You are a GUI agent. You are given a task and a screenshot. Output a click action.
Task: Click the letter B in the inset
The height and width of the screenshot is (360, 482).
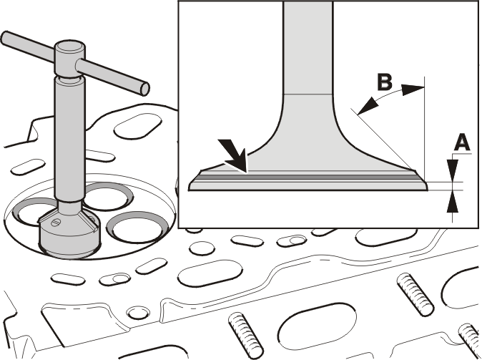384,82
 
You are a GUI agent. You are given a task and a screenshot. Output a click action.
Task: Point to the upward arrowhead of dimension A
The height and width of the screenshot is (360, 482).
453,202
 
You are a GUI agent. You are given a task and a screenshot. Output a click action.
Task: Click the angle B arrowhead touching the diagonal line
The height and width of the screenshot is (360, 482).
368,107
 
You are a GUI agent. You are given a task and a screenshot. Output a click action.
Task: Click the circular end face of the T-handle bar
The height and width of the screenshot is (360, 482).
144,88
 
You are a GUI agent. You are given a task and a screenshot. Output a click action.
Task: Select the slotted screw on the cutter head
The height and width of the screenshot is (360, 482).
56,222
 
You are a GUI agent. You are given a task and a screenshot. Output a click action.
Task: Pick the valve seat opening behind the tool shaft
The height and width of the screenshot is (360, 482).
107,197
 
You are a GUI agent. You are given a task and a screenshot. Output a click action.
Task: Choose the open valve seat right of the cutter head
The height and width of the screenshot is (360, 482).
137,227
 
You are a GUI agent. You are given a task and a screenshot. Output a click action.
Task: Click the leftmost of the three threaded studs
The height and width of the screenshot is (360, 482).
246,336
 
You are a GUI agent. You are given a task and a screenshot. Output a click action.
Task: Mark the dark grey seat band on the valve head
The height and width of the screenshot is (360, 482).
308,177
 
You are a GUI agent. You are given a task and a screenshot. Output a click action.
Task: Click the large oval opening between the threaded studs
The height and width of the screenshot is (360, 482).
317,326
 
